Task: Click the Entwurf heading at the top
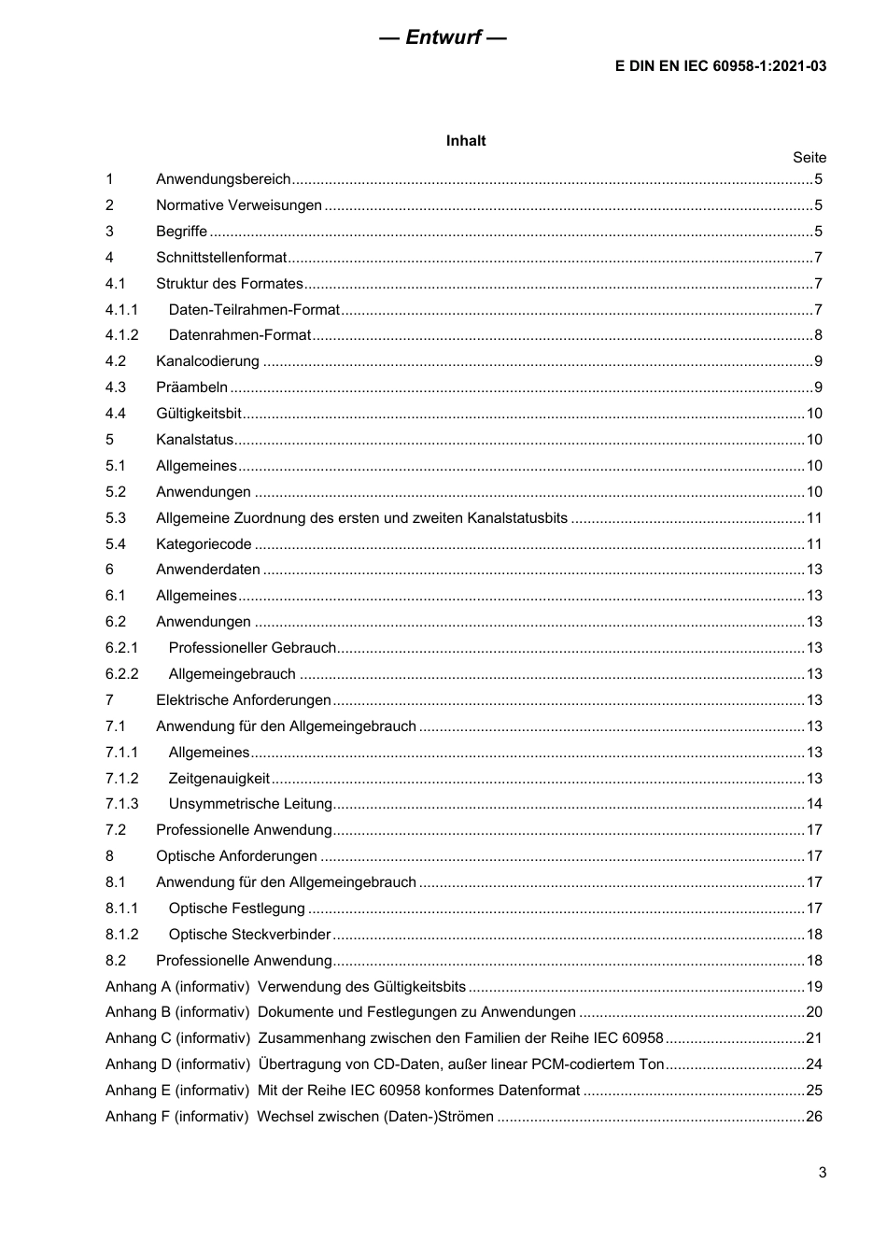443,37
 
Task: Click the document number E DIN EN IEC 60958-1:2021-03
720,66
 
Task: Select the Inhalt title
465,141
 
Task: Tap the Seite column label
809,158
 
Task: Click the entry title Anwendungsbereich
223,179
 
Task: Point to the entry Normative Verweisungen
238,205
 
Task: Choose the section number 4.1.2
121,335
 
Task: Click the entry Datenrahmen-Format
239,335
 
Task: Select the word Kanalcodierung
207,361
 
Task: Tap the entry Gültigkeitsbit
198,414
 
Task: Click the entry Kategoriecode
204,544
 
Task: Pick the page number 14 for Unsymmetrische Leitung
814,804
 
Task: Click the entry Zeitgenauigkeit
218,779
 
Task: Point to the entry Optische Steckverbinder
249,935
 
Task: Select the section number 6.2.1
121,648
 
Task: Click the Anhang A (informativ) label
177,987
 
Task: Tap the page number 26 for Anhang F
814,1117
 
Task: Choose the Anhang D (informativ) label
177,1064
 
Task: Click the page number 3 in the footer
822,1173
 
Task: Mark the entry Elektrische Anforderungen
243,700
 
